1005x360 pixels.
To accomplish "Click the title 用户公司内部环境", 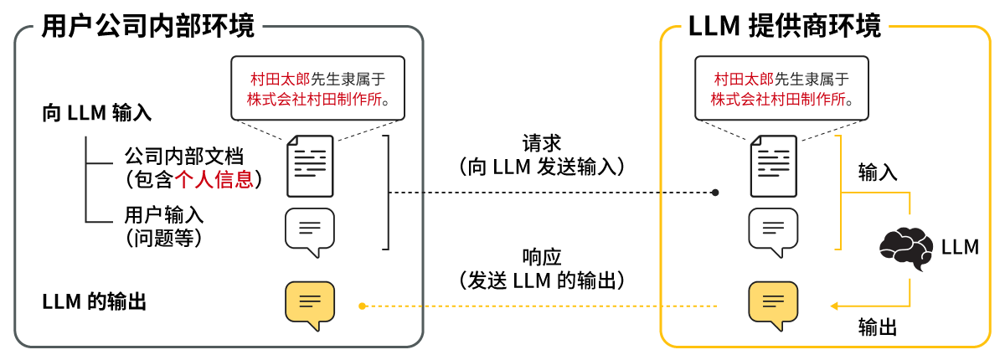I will point(148,26).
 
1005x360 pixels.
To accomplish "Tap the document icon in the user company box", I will point(310,166).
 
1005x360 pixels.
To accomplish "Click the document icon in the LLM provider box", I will point(773,166).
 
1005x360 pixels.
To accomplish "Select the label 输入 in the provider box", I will point(878,172).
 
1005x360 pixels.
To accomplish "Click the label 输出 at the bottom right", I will point(878,327).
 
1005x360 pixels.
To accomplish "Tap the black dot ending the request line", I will point(715,193).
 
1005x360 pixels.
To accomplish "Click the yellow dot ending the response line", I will point(362,306).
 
